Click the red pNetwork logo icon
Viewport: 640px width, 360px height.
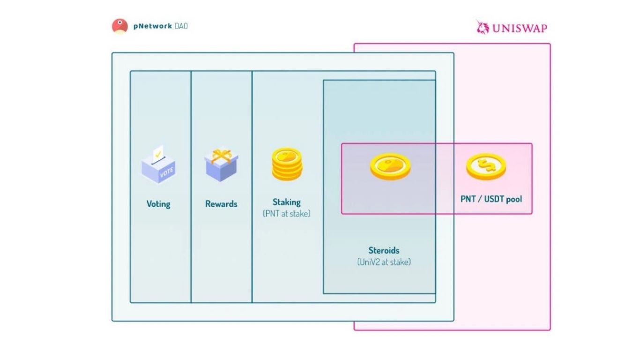pyautogui.click(x=119, y=26)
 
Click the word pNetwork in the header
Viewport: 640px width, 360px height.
pyautogui.click(x=152, y=26)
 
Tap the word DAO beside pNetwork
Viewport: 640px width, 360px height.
pyautogui.click(x=181, y=26)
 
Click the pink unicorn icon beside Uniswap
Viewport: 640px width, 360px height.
pyautogui.click(x=483, y=27)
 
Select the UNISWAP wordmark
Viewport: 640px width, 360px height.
pyautogui.click(x=520, y=28)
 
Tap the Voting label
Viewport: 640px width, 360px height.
pyautogui.click(x=158, y=204)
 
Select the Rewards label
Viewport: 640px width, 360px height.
pyautogui.click(x=221, y=204)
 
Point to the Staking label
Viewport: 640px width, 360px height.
pyautogui.click(x=287, y=202)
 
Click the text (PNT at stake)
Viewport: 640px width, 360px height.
pyautogui.click(x=287, y=214)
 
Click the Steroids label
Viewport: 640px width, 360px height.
pyautogui.click(x=384, y=250)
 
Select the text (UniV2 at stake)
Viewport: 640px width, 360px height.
pyautogui.click(x=384, y=262)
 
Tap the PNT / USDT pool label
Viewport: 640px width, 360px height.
pyautogui.click(x=491, y=199)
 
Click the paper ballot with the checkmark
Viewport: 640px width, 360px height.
pyautogui.click(x=158, y=153)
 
